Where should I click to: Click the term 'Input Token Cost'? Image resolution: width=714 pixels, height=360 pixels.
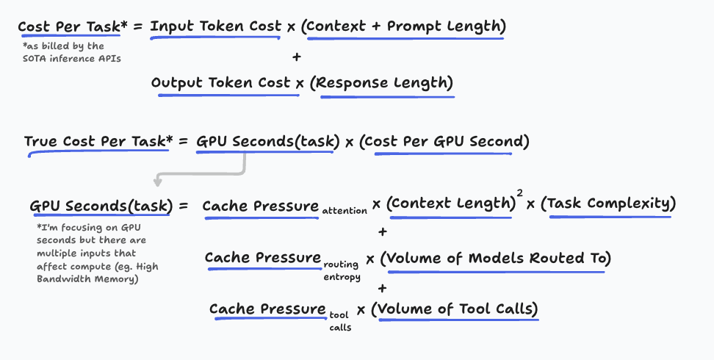(215, 26)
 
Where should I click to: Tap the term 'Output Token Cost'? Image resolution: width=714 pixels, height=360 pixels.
(221, 82)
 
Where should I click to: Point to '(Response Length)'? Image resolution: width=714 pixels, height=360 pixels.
(381, 82)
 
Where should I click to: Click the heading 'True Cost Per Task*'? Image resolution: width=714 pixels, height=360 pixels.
(96, 141)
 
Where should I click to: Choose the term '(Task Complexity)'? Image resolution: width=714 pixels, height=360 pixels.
(607, 204)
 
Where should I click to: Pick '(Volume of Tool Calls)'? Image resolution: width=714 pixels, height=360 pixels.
(455, 309)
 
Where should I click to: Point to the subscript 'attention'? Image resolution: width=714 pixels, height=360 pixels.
(345, 211)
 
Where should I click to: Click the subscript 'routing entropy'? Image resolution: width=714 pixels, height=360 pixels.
(342, 270)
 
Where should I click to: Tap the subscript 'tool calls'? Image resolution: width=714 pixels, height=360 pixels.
(340, 320)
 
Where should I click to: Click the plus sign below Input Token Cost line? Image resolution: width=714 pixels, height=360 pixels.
(296, 56)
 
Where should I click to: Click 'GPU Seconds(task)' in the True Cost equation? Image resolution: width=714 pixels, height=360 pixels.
(268, 141)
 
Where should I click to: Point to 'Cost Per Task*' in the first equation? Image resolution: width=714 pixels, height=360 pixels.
(71, 26)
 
